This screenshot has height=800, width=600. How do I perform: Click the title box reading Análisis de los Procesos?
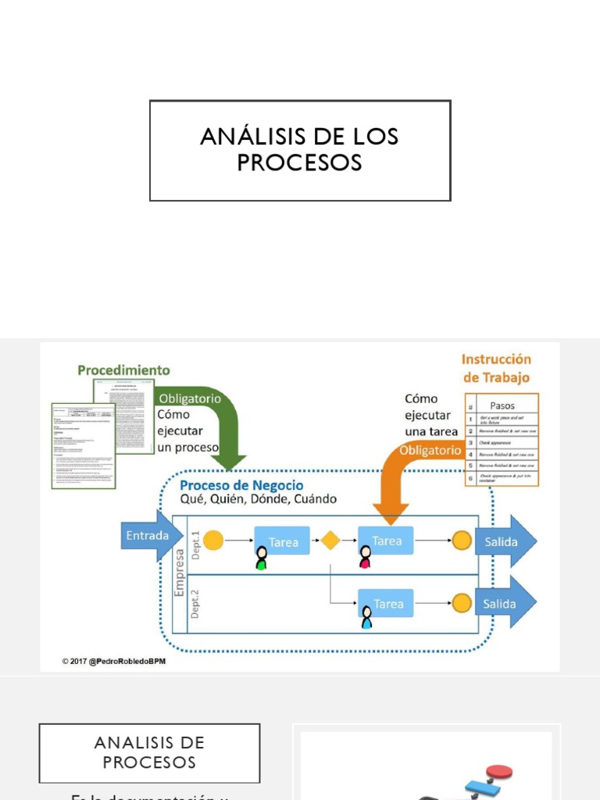(x=300, y=150)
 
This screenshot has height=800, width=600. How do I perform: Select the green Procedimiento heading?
(x=123, y=370)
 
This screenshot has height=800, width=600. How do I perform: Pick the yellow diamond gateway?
(x=330, y=541)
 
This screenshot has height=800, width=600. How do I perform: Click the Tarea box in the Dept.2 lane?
(x=386, y=604)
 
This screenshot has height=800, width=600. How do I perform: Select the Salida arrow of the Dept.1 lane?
(x=508, y=541)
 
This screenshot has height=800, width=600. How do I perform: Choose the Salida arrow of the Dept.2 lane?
(x=508, y=604)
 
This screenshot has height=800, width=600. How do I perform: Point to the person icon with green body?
(x=261, y=558)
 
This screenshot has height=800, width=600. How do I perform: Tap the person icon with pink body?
(x=365, y=557)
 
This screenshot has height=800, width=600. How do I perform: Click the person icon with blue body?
(x=366, y=619)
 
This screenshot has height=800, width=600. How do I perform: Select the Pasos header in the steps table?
(x=502, y=405)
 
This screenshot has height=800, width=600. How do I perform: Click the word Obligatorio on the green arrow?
(x=190, y=398)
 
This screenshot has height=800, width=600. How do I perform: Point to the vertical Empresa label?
(x=179, y=573)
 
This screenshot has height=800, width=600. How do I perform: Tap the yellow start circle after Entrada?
(x=213, y=541)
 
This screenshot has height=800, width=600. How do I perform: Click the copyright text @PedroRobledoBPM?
(x=114, y=662)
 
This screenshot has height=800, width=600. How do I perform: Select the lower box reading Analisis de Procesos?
(x=149, y=752)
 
